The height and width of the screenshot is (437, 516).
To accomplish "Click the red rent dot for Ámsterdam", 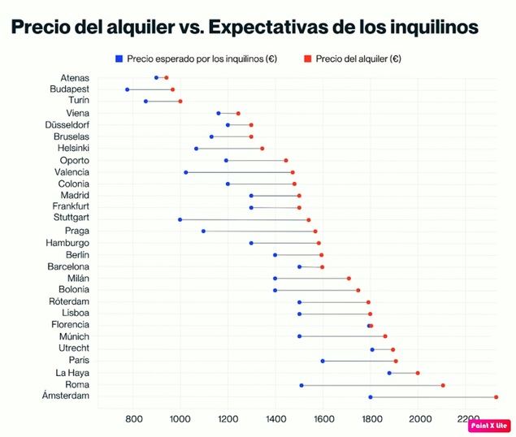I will [x=496, y=397].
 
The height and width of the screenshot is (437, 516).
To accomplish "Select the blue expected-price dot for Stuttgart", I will [x=180, y=219].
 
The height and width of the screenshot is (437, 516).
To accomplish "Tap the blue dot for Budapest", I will [x=128, y=89].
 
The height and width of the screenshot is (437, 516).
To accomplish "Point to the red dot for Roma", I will [x=443, y=385].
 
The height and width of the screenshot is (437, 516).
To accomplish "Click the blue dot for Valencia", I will [x=186, y=172].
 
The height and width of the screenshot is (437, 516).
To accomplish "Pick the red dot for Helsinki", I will [x=262, y=149].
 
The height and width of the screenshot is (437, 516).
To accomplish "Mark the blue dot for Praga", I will [x=203, y=231].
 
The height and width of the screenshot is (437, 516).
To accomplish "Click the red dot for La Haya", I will [x=418, y=373].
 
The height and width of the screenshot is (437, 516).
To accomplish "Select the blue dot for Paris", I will [x=323, y=361].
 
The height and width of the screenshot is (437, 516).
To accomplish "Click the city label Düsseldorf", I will [x=67, y=125].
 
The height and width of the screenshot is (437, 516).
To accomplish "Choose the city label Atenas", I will [x=75, y=78].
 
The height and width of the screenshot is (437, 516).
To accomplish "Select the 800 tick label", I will [x=134, y=418].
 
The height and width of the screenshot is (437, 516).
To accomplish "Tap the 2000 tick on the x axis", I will [x=420, y=418].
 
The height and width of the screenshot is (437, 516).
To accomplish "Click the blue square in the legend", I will [x=119, y=58].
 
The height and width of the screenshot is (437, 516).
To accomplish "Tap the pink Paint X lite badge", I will [x=489, y=424].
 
